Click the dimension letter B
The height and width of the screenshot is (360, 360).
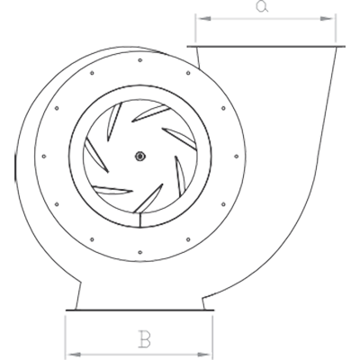(144, 339)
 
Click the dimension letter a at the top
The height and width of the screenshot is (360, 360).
(262, 6)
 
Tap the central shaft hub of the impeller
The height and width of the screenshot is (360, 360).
(139, 156)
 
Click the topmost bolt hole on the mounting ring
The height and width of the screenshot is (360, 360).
(140, 60)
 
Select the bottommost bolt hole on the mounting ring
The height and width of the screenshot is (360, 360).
(140, 252)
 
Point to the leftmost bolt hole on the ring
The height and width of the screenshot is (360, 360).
(44, 157)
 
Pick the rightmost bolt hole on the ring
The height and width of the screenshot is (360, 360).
(236, 157)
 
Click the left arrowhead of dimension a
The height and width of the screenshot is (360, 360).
(205, 19)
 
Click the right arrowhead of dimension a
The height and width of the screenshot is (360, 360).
(328, 19)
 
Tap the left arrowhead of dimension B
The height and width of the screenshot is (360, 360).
(73, 355)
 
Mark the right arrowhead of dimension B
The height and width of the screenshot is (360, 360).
(204, 355)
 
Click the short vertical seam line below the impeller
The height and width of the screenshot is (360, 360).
(140, 220)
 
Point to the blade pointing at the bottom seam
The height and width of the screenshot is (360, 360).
(148, 198)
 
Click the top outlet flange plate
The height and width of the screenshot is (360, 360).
(265, 47)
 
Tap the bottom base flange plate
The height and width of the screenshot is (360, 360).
(139, 310)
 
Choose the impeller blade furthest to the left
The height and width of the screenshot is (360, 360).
(96, 156)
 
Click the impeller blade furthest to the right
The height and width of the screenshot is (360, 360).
(180, 176)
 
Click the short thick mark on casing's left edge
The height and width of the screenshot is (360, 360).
(15, 168)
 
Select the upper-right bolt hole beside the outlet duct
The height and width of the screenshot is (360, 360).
(188, 73)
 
